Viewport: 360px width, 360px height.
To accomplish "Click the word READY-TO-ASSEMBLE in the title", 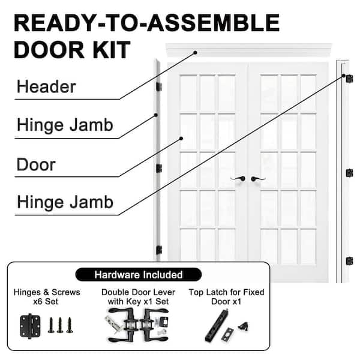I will [146, 23].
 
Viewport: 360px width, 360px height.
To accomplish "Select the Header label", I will [46, 87].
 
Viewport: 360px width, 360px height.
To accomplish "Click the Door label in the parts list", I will [36, 164].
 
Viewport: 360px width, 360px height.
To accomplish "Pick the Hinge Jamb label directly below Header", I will [65, 126].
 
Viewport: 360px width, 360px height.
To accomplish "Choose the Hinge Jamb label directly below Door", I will [65, 201].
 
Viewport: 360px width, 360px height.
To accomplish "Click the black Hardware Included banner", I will [139, 275].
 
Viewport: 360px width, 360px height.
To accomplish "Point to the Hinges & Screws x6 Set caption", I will [47, 297].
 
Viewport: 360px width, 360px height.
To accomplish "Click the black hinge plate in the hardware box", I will [29, 327].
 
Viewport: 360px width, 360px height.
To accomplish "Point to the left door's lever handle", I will [238, 178].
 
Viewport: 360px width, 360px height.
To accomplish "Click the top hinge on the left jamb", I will [159, 87].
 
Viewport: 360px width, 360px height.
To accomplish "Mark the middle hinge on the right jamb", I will [349, 173].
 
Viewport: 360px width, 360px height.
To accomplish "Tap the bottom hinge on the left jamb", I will [159, 250].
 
